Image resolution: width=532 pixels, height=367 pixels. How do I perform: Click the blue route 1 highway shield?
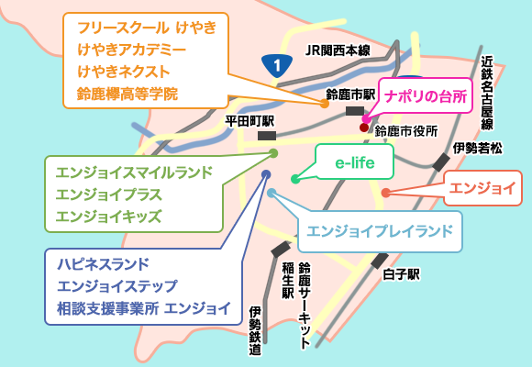277,66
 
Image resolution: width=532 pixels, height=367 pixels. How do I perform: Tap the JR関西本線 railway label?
338,50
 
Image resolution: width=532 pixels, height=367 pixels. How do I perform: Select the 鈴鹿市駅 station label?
350,95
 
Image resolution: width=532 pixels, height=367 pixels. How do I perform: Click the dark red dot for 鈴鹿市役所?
364,128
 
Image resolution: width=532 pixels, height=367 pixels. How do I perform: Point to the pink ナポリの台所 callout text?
426,96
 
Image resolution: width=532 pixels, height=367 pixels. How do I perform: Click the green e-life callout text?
355,163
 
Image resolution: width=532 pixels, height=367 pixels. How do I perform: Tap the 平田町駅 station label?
249,121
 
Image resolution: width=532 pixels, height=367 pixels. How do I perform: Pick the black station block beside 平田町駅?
267,136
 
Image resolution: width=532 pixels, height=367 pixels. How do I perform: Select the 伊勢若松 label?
478,149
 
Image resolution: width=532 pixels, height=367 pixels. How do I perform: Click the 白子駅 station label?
401,274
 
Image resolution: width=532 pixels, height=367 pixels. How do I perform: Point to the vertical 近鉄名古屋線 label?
487,93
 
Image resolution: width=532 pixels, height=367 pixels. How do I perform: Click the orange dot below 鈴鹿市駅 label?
325,104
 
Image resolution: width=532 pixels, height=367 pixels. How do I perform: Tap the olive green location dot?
273,153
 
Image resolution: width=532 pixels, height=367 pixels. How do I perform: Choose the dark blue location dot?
266,175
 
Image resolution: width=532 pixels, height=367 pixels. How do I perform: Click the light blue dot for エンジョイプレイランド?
272,194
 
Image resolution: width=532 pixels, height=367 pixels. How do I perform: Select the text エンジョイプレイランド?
380,231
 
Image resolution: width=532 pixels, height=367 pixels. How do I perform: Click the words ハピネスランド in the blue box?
103,264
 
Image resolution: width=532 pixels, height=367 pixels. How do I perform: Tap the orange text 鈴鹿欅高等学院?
127,94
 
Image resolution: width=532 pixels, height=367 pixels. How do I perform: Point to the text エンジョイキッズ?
108,217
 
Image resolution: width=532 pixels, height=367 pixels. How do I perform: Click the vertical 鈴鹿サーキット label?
305,306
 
